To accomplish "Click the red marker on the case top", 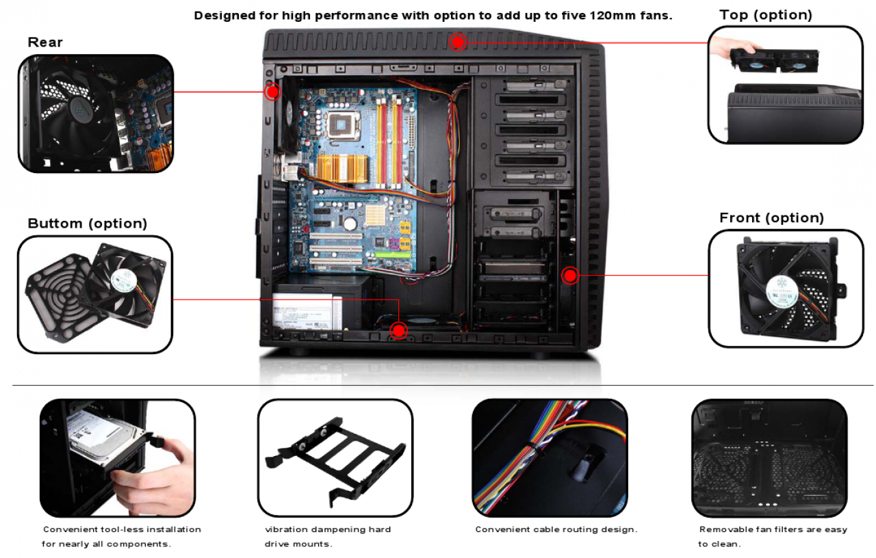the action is click(458, 42).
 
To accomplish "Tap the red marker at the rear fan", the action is click(272, 92).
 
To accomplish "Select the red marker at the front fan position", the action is click(570, 276).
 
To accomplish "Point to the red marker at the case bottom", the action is click(398, 331).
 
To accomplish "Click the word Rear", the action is click(45, 42).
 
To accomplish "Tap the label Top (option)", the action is click(766, 15).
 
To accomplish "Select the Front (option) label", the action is click(771, 217).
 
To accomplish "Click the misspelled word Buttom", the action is click(55, 224).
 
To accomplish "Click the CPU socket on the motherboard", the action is click(343, 125).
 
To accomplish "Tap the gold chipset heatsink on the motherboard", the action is click(342, 168).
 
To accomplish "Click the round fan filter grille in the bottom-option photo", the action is click(65, 297).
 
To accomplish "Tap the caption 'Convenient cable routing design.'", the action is click(556, 529).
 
